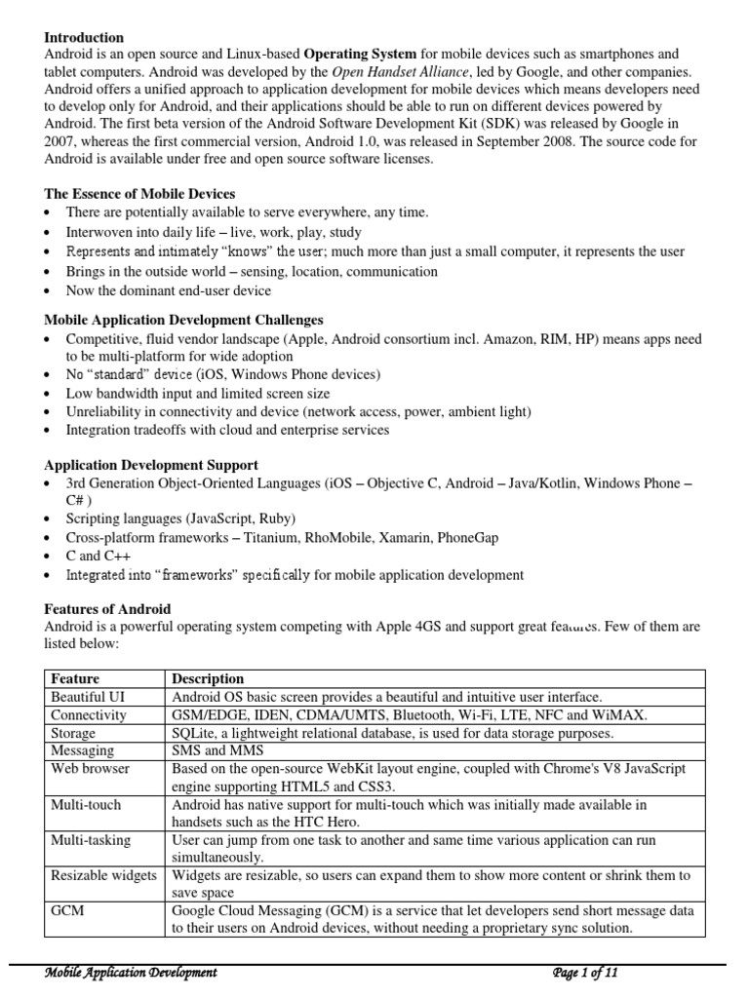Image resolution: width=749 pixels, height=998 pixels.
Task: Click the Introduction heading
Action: (85, 37)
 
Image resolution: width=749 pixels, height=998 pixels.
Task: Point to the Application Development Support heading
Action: (152, 465)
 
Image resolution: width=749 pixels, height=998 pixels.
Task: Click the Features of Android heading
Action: (108, 609)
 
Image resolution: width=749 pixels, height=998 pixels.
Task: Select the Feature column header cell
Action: (76, 678)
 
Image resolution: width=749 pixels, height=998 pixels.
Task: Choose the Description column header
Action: (208, 678)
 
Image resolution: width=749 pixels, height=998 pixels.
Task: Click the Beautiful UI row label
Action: (88, 697)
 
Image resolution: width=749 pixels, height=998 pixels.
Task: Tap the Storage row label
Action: (74, 733)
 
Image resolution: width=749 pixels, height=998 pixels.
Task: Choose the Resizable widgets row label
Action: (103, 875)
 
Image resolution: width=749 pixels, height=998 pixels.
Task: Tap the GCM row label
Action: (68, 910)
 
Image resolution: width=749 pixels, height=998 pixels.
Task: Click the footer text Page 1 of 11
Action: (585, 973)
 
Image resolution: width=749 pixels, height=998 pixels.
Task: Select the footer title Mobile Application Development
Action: (133, 973)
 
